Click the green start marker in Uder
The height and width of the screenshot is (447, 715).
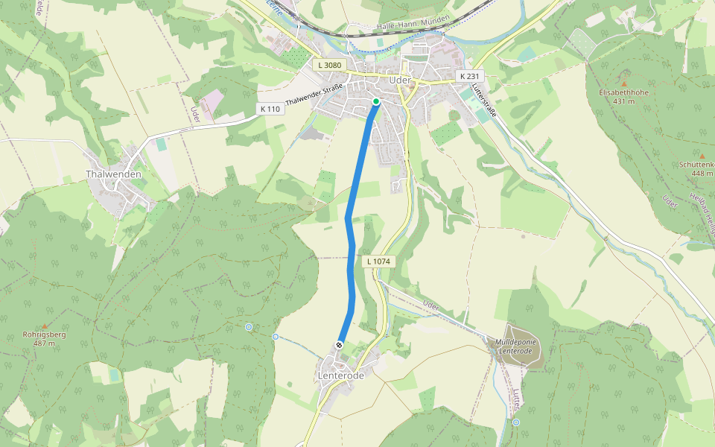(376, 101)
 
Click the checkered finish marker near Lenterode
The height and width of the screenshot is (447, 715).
(340, 345)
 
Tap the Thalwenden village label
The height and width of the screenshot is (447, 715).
(113, 174)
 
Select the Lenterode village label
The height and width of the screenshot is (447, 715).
(341, 376)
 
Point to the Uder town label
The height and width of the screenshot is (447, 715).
(400, 80)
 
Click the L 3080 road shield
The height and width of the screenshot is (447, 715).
(329, 66)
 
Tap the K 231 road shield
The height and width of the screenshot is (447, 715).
(470, 76)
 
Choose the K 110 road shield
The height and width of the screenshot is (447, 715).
(271, 110)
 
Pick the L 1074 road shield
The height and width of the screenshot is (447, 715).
(378, 261)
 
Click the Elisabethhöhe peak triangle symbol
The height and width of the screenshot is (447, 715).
(624, 83)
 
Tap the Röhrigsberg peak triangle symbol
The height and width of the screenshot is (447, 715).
(44, 326)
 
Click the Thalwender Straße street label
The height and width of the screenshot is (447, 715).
(314, 95)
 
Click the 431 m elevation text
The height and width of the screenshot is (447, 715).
(624, 102)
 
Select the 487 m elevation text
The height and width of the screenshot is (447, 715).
(44, 344)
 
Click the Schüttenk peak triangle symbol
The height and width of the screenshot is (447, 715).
(701, 156)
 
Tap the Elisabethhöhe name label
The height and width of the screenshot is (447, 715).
(624, 92)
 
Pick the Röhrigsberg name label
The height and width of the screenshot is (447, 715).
(44, 335)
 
